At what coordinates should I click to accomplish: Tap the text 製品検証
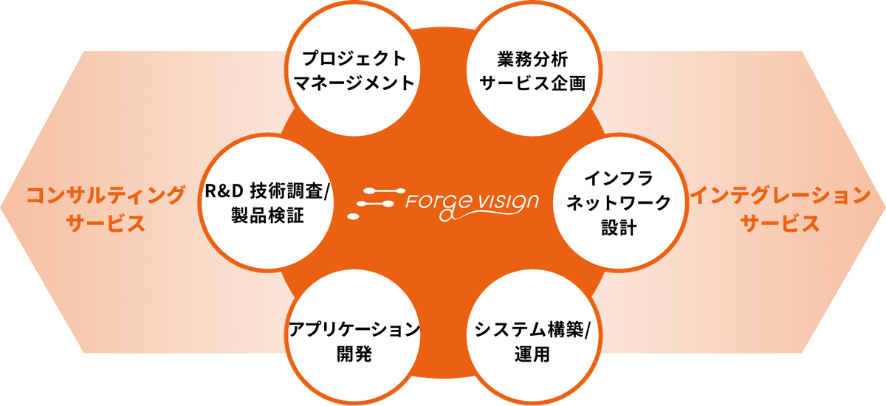coord(267,216)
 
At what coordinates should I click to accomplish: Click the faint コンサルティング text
coord(104,196)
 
